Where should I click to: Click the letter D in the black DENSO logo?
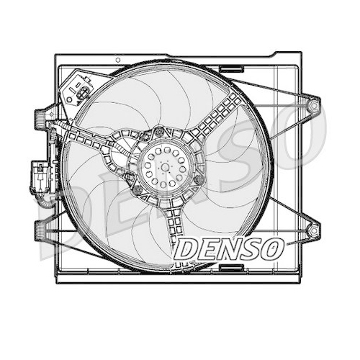tap(187, 251)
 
